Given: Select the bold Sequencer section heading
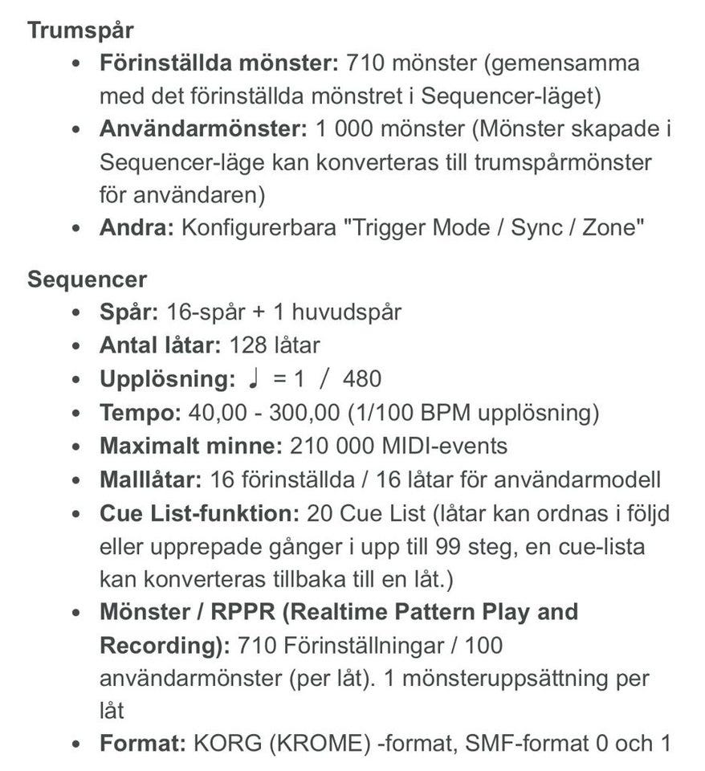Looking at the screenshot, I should (x=87, y=279).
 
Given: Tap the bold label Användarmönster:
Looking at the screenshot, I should (x=203, y=128).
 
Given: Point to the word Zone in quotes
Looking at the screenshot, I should (x=609, y=227).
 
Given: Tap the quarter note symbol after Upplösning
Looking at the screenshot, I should (x=253, y=378).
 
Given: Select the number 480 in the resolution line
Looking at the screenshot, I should (x=361, y=379).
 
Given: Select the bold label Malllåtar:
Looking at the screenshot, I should (x=150, y=479).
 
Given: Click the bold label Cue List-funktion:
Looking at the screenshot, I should (x=198, y=512).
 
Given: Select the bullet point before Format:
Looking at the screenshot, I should (x=75, y=744).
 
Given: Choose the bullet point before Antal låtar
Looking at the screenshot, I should (x=75, y=346).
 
